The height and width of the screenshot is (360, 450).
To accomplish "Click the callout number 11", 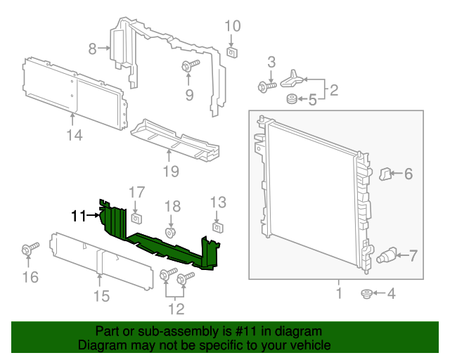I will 77,217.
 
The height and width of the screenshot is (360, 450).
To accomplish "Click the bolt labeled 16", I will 30,250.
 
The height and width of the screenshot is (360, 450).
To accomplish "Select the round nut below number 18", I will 170,232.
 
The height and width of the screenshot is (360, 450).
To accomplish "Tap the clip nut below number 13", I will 218,227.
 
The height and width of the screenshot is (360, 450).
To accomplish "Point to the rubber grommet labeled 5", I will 290,100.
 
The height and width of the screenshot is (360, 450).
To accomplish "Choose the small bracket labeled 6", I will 386,173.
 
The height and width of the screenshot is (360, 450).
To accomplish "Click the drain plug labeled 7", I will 388,255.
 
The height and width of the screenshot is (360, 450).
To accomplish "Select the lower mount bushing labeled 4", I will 366,293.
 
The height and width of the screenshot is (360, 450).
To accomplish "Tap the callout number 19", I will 171,170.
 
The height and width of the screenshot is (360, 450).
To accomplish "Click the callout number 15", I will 102,296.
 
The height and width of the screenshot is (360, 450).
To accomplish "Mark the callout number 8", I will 92,49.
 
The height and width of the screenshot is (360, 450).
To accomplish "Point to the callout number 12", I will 176,308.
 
